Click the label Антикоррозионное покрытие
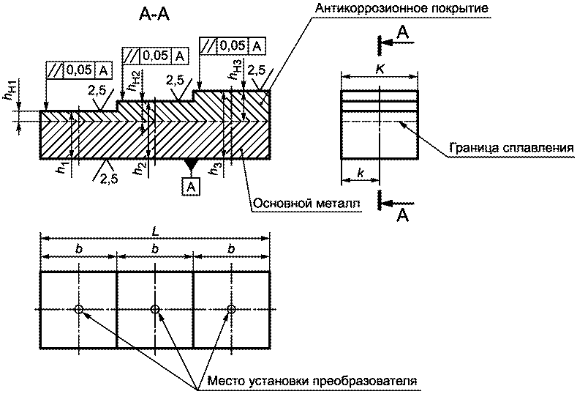(x=401, y=8)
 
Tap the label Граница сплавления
(x=511, y=148)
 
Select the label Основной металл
(x=307, y=203)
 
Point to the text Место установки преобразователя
(x=312, y=380)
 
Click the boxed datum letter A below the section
(x=190, y=187)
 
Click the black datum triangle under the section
(x=190, y=164)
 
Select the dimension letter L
(x=155, y=231)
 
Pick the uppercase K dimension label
(x=380, y=69)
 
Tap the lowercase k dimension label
(x=361, y=173)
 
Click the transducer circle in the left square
(x=78, y=309)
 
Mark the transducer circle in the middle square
(x=155, y=309)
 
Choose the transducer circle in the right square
(x=231, y=309)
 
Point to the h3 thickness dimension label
(x=217, y=168)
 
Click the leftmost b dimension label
(x=78, y=249)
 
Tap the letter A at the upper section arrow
(x=403, y=33)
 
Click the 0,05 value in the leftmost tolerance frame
(x=80, y=70)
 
